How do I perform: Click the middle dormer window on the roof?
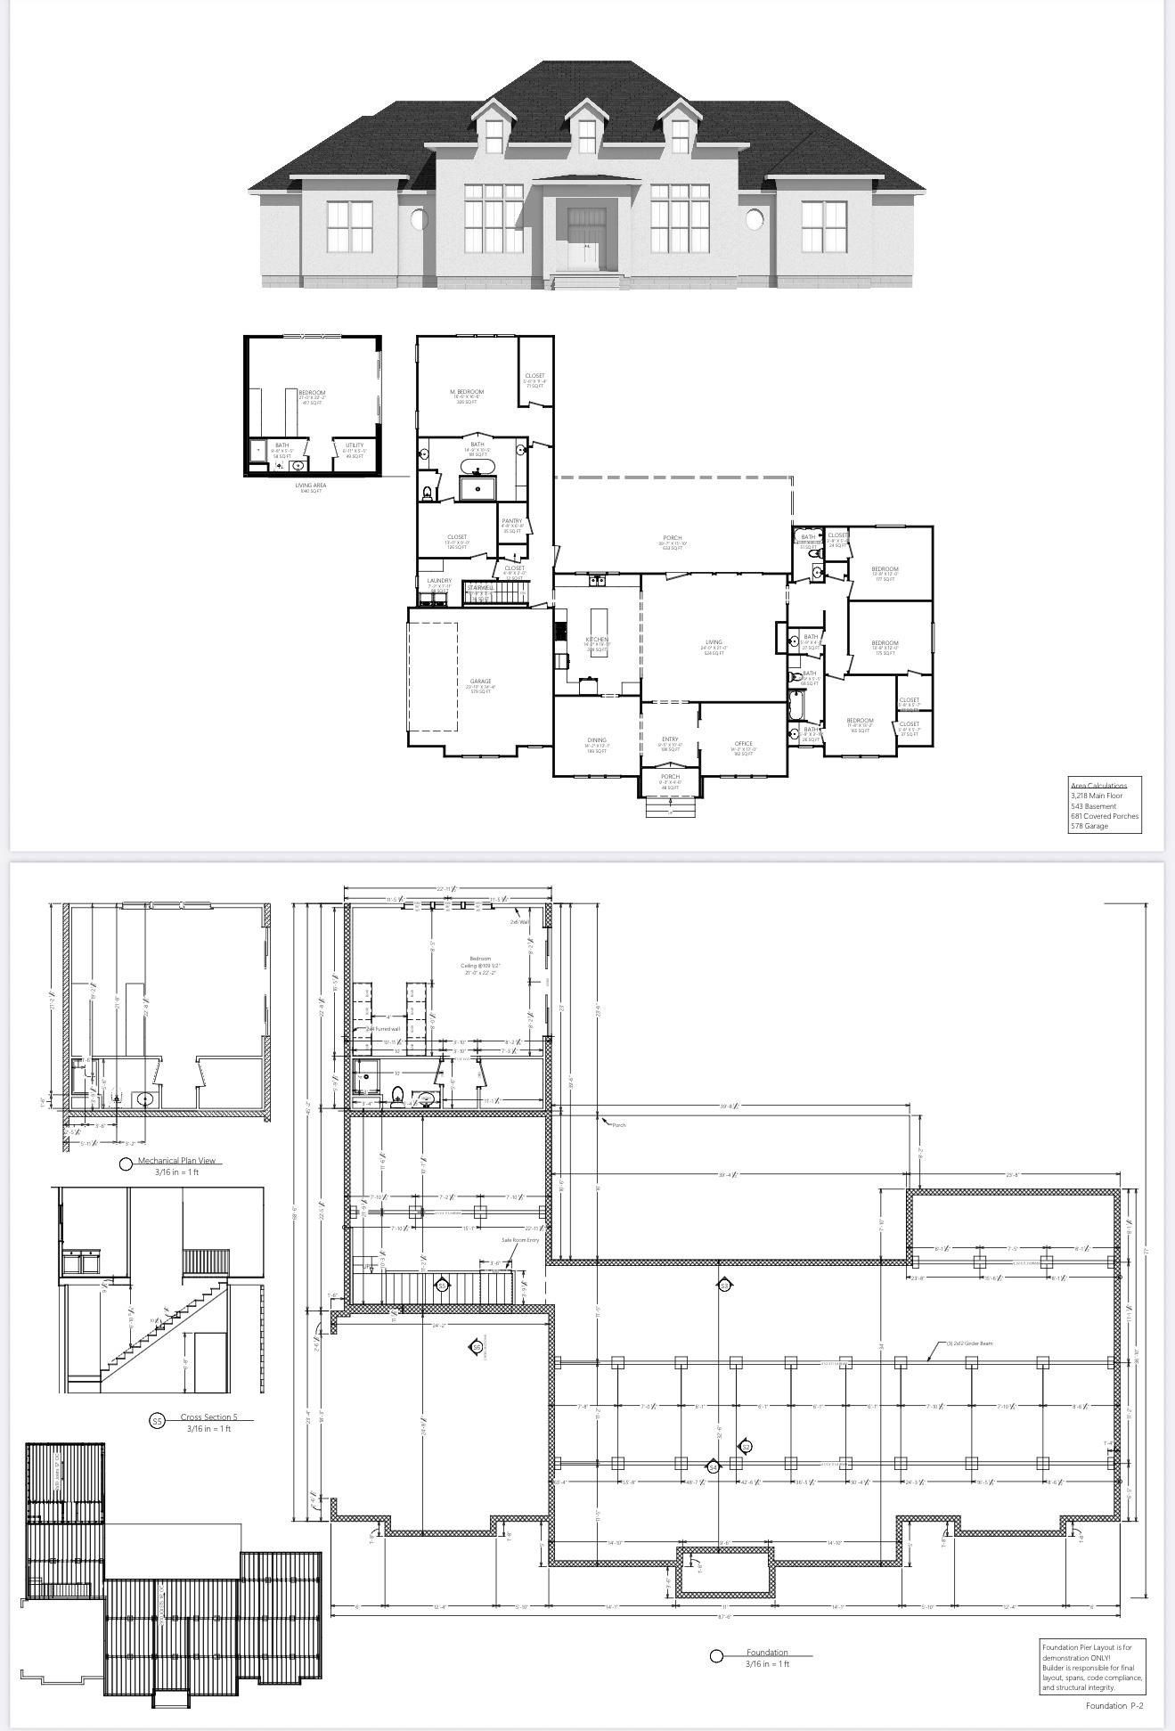(586, 135)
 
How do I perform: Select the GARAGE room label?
(480, 682)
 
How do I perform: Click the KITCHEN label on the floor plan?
(597, 640)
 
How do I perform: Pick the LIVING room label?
(714, 642)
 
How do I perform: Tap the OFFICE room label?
(744, 744)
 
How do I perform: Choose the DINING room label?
(597, 740)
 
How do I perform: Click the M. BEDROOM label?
(467, 392)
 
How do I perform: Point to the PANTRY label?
(512, 521)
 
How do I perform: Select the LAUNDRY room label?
(439, 581)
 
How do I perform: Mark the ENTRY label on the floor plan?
(670, 739)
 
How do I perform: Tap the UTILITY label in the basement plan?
(355, 445)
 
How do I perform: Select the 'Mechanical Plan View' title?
(178, 1161)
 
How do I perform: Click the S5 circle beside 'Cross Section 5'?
(157, 1421)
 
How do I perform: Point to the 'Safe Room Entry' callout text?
(520, 1240)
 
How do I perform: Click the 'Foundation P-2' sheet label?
(1114, 1706)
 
